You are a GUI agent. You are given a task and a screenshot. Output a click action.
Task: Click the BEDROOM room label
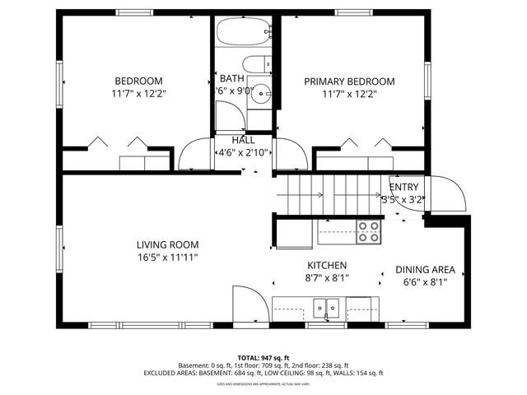[138, 81]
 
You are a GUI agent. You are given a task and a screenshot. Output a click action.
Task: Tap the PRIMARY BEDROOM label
[349, 81]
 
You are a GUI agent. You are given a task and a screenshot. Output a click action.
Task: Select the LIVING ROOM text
[167, 244]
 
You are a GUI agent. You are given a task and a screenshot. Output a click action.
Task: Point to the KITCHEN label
[327, 266]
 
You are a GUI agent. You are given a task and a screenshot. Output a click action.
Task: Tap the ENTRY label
[403, 187]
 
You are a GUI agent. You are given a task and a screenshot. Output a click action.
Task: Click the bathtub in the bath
[243, 33]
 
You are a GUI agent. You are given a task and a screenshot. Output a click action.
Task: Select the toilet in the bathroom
[257, 63]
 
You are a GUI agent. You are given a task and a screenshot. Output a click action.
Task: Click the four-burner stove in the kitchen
[368, 232]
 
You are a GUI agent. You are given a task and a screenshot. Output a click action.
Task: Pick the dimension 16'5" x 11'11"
[167, 257]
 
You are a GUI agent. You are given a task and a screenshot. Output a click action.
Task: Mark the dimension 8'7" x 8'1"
[327, 278]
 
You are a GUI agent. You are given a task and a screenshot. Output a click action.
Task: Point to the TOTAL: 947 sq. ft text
[263, 357]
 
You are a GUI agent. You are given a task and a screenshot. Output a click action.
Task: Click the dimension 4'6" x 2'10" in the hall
[242, 153]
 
